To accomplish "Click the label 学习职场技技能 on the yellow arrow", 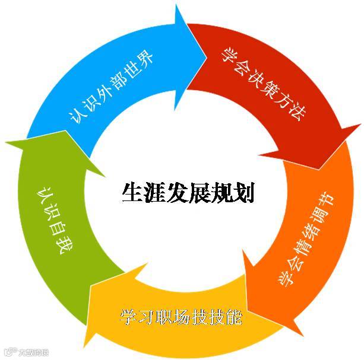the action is point(181,316).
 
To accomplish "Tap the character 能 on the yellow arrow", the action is point(233,316).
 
